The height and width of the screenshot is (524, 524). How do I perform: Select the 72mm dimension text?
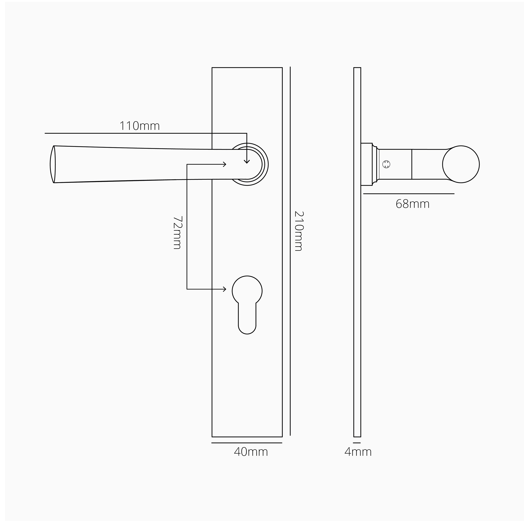[177, 232]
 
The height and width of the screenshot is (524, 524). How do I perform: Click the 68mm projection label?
[413, 204]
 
